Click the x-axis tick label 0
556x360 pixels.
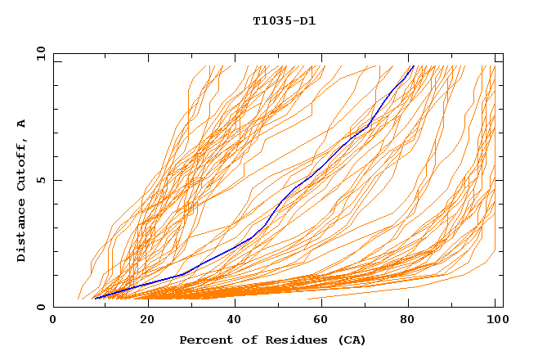54,321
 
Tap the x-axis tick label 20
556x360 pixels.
147,321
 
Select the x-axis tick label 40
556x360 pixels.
235,321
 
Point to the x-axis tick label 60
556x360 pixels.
323,321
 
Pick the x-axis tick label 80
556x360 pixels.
411,321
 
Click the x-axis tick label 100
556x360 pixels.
496,321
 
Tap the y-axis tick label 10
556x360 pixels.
39,54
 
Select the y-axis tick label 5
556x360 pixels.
39,180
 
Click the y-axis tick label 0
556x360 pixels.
39,307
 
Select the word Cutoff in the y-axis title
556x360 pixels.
22,164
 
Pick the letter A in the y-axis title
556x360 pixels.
22,124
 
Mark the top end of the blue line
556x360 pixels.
414,65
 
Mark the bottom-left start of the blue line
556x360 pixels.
95,298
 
